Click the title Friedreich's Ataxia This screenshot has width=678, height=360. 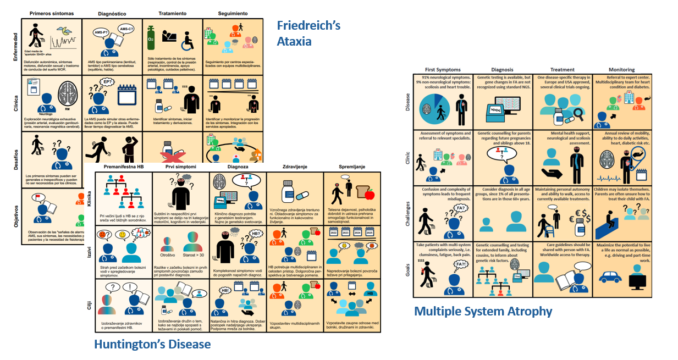(x=309, y=33)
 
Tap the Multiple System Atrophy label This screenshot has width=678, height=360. (x=483, y=311)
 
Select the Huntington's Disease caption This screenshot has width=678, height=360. (x=152, y=344)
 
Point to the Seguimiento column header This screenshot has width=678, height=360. (x=233, y=13)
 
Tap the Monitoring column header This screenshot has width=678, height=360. (x=621, y=70)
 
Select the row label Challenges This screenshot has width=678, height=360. (x=407, y=213)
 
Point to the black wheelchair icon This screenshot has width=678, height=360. (x=188, y=40)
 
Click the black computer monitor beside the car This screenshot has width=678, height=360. (x=637, y=280)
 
